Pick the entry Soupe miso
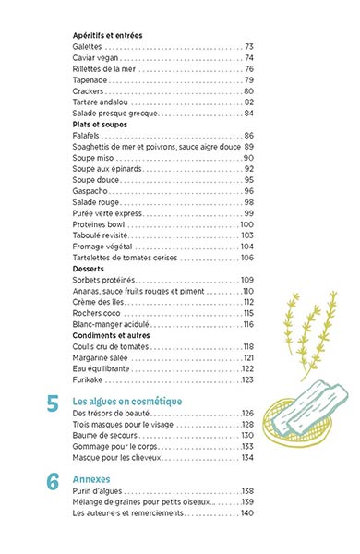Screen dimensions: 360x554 click(93, 158)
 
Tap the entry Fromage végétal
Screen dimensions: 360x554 click(102, 247)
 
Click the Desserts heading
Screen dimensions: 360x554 click(90, 269)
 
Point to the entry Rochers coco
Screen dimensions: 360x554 click(97, 313)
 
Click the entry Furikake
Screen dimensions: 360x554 click(89, 379)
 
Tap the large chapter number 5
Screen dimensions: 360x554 click(53, 403)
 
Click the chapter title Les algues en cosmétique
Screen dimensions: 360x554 click(126, 401)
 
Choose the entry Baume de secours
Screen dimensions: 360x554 click(104, 435)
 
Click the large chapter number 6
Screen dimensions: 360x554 click(53, 481)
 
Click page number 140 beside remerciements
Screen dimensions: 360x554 click(246, 512)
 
